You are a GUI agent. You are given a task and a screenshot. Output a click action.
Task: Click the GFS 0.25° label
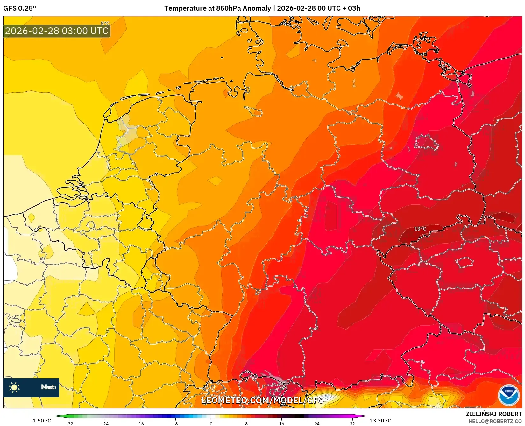(x=19, y=8)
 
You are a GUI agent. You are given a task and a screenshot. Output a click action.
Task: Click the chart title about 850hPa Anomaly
(x=262, y=8)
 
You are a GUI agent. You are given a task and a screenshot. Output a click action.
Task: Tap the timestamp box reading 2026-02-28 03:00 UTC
(x=57, y=31)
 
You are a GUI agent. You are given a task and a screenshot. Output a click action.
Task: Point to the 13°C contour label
(x=420, y=229)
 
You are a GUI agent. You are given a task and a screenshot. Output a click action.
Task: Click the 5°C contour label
(x=105, y=23)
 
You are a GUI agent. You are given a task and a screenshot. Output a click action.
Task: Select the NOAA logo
(x=508, y=395)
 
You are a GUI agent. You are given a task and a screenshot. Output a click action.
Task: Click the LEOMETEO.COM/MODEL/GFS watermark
(x=262, y=400)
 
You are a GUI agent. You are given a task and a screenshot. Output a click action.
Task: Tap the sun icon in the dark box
(x=14, y=387)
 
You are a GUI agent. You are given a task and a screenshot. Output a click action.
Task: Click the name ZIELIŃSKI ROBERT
(x=494, y=414)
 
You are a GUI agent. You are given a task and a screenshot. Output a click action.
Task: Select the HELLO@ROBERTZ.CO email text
(x=495, y=421)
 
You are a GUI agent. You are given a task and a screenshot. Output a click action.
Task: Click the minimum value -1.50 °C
(x=41, y=421)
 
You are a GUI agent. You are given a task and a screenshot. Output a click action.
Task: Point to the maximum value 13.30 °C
(x=380, y=421)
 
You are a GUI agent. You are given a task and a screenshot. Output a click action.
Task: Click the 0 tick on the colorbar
(x=211, y=424)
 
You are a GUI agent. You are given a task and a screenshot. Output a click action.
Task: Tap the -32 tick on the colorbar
(x=69, y=424)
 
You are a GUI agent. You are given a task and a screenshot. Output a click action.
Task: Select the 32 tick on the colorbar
(x=352, y=424)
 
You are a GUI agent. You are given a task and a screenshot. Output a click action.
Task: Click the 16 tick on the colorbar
(x=281, y=424)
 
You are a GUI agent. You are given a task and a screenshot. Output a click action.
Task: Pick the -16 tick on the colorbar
(x=140, y=424)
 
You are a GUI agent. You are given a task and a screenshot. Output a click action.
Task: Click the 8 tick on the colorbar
(x=246, y=424)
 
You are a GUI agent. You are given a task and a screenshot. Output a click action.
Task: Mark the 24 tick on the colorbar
(x=317, y=424)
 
